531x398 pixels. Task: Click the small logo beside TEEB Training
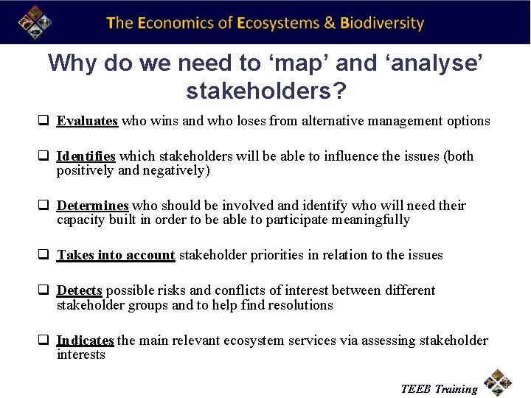click(x=499, y=383)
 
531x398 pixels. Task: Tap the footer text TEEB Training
click(x=439, y=388)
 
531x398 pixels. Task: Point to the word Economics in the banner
click(x=177, y=23)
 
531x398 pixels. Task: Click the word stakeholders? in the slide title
click(x=266, y=91)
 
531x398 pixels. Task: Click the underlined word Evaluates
click(x=87, y=121)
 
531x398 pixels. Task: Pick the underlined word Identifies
click(x=86, y=156)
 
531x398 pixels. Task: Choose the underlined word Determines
click(x=92, y=206)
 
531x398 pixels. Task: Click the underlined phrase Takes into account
click(x=116, y=255)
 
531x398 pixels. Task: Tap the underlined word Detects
click(x=79, y=290)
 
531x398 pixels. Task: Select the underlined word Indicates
click(x=85, y=340)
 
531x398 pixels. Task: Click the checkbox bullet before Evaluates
click(x=45, y=121)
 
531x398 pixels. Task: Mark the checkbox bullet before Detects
click(x=45, y=290)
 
